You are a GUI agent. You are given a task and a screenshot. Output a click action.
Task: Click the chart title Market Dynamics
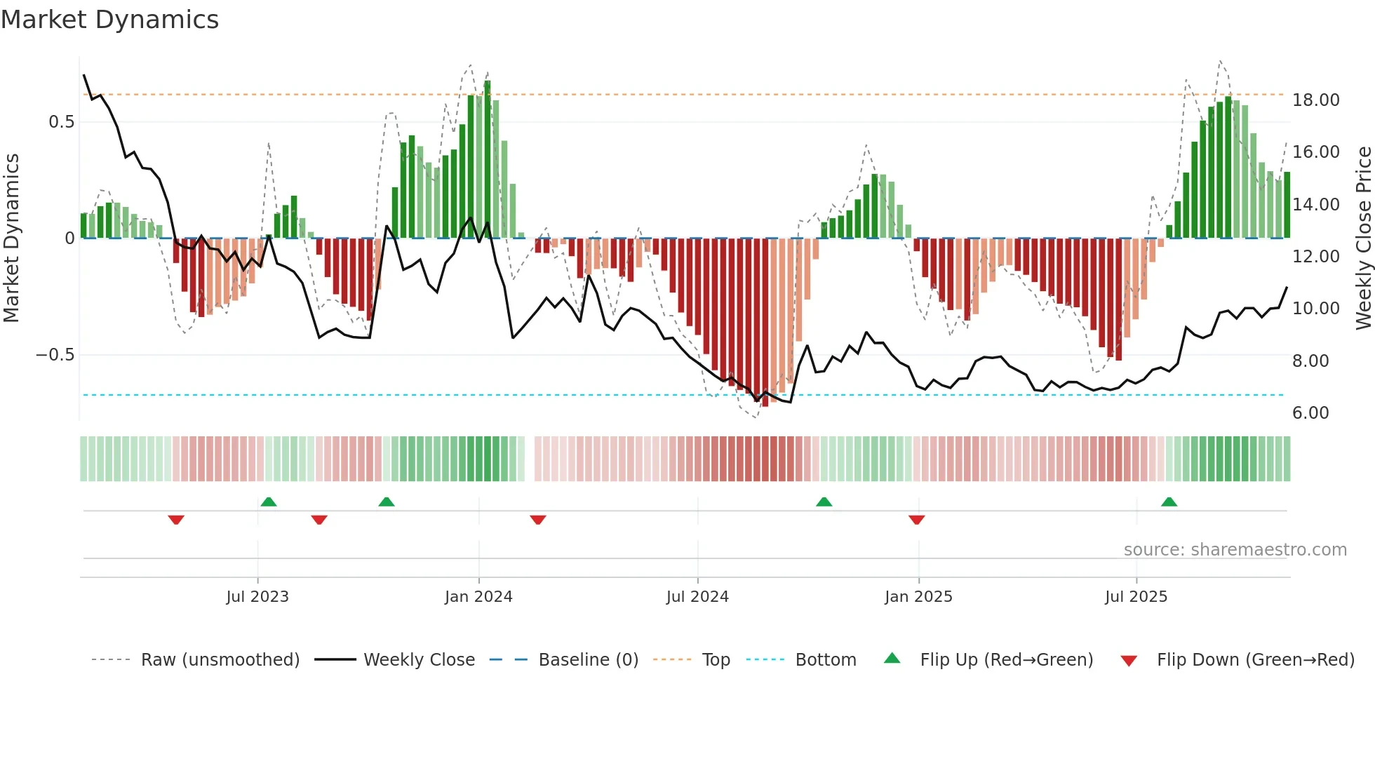coord(109,20)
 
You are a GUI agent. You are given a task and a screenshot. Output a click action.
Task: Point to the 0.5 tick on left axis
coord(61,122)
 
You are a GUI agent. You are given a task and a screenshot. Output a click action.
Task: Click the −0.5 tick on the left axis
coord(55,355)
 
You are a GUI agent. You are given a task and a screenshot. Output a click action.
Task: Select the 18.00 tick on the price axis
coord(1316,100)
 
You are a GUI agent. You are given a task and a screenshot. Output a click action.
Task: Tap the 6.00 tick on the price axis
coord(1310,413)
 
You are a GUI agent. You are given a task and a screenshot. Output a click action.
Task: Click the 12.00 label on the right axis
coord(1316,257)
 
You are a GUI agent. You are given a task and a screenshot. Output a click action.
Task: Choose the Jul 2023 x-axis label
coord(257,597)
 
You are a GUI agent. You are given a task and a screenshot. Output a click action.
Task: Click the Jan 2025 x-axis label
coord(918,597)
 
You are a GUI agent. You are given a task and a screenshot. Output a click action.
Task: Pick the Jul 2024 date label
coord(697,597)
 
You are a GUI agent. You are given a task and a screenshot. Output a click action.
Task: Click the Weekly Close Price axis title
coord(1363,238)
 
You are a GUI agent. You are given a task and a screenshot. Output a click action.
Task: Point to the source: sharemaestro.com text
coord(1235,550)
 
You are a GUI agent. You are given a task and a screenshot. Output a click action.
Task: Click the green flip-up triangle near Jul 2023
coord(269,502)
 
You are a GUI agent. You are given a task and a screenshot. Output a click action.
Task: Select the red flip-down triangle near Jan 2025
coord(916,519)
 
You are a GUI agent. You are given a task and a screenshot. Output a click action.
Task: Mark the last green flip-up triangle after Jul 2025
coord(1169,502)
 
